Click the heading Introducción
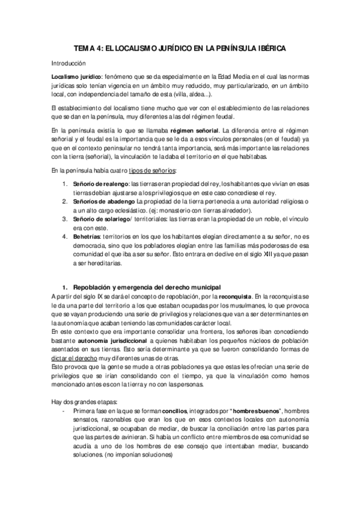click(x=69, y=63)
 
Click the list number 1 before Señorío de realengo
click(x=65, y=183)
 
